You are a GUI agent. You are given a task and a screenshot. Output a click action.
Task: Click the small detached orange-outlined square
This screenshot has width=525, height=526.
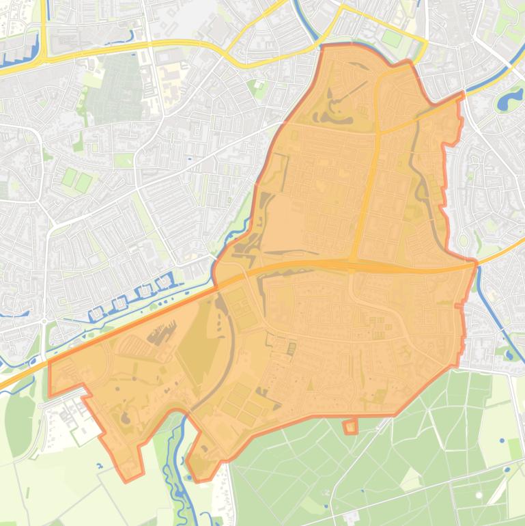click(350, 427)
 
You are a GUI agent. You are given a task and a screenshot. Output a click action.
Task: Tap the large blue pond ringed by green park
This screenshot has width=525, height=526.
click(508, 101)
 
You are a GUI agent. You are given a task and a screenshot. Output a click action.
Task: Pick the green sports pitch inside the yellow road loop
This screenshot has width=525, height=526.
click(392, 38)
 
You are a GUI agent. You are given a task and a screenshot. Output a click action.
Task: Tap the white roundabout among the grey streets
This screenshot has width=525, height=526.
click(44, 320)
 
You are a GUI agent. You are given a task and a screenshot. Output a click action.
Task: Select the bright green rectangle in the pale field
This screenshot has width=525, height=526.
click(514, 449)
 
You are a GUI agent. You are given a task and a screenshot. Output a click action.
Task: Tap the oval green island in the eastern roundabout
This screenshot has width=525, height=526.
click(465, 240)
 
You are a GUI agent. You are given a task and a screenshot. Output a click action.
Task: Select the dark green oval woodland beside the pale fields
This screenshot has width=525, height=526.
click(19, 424)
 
